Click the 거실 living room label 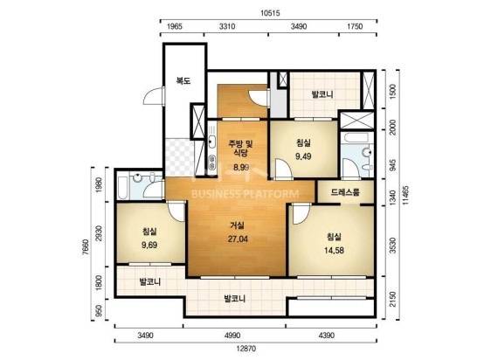237,225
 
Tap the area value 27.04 238,239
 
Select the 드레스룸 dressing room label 345,192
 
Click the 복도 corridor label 183,81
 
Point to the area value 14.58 335,250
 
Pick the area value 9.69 149,245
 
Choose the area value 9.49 303,156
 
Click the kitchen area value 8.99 241,167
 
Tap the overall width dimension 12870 245,349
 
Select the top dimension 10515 270,13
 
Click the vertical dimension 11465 406,195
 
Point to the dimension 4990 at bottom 232,336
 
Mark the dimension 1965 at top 175,26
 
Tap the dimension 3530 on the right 392,246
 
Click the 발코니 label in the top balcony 322,94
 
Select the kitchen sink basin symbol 212,142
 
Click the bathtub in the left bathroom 122,187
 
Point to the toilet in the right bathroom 367,154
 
